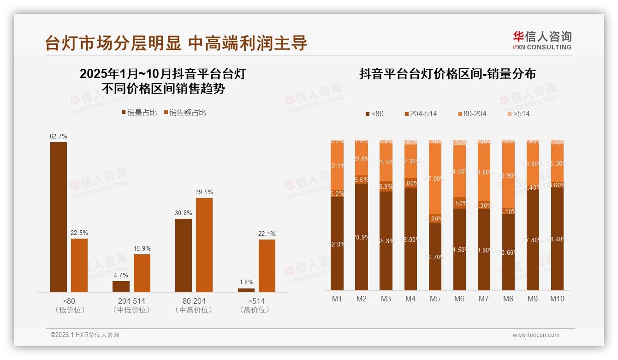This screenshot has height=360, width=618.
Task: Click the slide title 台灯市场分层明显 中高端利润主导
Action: [176, 43]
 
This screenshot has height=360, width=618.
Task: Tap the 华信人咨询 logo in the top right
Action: [542, 40]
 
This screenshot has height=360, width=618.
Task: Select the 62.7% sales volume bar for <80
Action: [59, 217]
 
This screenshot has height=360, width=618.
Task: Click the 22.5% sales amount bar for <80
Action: [79, 265]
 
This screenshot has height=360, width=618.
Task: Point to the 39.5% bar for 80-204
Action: [204, 245]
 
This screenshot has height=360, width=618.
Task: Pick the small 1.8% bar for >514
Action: [246, 290]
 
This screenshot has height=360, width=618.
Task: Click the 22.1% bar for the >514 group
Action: [267, 265]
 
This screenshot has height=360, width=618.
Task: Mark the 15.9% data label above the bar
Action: [142, 248]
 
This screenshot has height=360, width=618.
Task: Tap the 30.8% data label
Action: [184, 213]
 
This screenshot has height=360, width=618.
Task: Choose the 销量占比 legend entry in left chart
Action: [139, 113]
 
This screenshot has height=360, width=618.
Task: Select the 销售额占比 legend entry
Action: [185, 113]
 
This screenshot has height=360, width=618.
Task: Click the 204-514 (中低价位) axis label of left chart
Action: [131, 305]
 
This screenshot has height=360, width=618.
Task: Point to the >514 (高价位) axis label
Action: [255, 305]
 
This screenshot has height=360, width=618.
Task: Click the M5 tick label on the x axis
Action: [435, 299]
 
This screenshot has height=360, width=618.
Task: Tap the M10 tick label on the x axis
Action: [557, 299]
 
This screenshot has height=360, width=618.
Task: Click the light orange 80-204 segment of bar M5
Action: [435, 180]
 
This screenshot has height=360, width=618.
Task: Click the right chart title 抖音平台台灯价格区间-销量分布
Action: [447, 74]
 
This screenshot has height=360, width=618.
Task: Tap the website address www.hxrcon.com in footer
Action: [536, 335]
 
